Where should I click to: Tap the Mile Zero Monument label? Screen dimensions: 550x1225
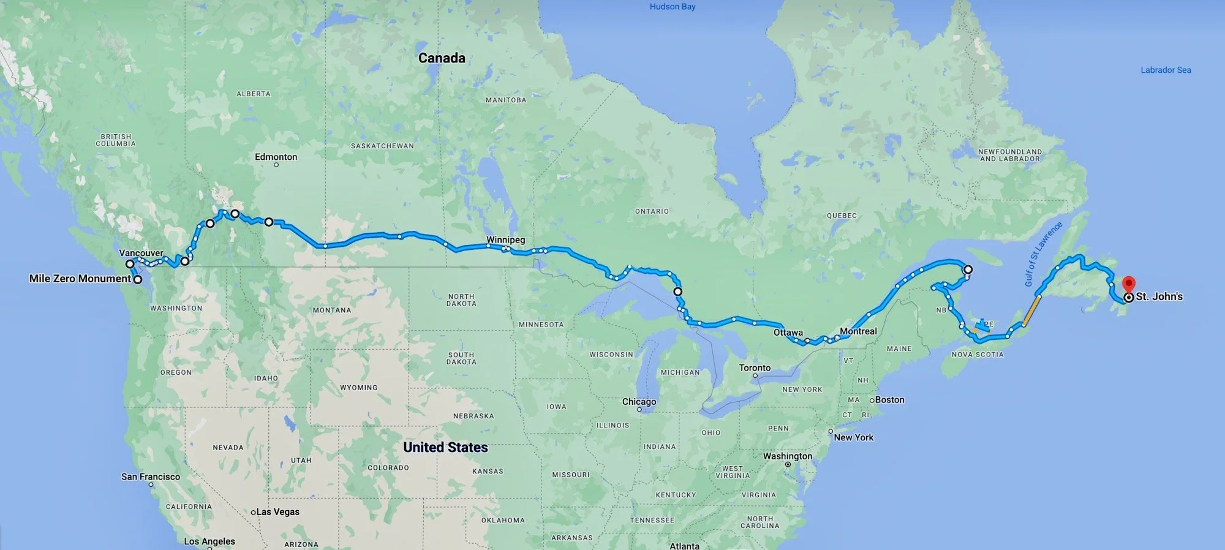(x=80, y=279)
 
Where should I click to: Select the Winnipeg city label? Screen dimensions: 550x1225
(x=505, y=239)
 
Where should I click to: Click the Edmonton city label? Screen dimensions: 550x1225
(x=276, y=157)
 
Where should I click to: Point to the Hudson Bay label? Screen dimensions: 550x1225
(x=672, y=7)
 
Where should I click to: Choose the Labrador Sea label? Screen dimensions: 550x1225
(x=1166, y=70)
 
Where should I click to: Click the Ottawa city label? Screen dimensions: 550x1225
(x=788, y=333)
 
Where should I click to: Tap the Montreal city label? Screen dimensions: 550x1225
(x=858, y=331)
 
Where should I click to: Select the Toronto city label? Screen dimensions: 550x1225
(x=755, y=367)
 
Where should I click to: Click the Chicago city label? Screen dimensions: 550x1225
(x=639, y=402)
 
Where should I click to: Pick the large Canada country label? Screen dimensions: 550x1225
(x=442, y=58)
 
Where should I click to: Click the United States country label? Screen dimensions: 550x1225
(x=445, y=447)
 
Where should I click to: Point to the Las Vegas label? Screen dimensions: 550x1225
(x=277, y=512)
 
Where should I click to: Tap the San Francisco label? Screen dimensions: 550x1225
(x=151, y=477)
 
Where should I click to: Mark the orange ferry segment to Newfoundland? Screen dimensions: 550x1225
(x=1031, y=311)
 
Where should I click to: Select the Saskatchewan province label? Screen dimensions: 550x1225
(x=382, y=146)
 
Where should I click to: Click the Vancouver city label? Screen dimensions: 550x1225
(x=141, y=253)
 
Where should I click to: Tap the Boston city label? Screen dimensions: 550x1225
(x=889, y=400)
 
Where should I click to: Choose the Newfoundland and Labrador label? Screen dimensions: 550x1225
(x=1009, y=155)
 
